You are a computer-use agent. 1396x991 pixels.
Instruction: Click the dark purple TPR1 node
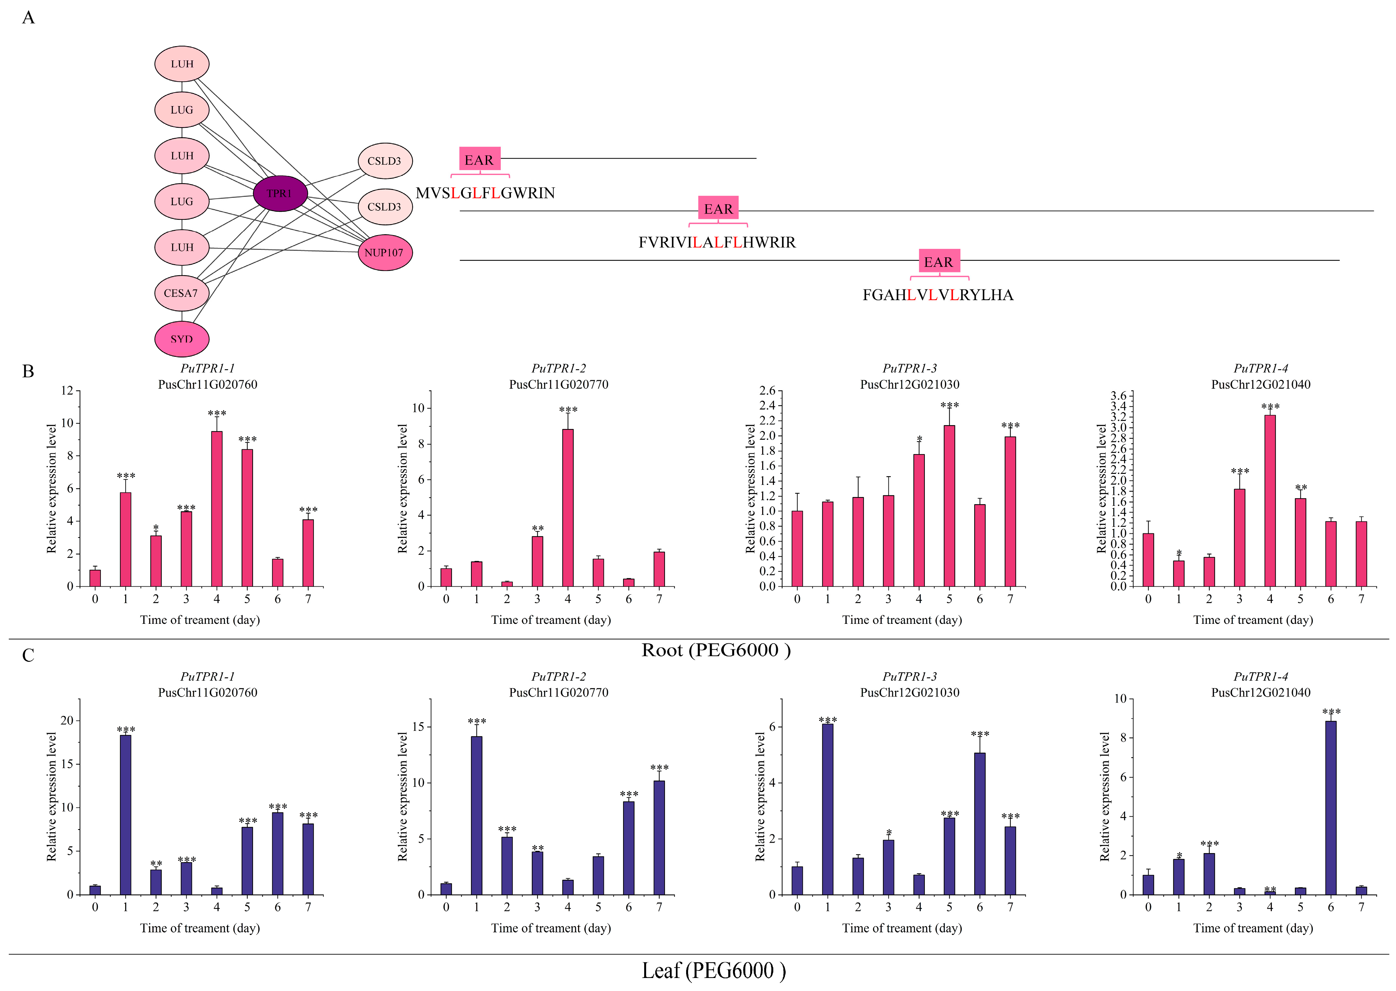pyautogui.click(x=280, y=194)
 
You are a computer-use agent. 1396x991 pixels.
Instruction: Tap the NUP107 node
pyautogui.click(x=384, y=253)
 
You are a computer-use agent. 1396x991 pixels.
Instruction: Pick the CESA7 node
pyautogui.click(x=181, y=293)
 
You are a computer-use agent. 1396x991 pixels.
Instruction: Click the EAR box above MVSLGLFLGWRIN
pyautogui.click(x=480, y=160)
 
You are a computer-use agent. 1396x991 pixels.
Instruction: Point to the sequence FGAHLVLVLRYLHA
pyautogui.click(x=938, y=295)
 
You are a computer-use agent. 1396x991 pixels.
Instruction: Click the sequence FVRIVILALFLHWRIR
pyautogui.click(x=717, y=243)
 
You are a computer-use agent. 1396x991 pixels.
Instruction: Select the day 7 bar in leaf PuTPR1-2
pyautogui.click(x=659, y=837)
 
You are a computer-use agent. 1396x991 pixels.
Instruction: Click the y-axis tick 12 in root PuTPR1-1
pyautogui.click(x=67, y=391)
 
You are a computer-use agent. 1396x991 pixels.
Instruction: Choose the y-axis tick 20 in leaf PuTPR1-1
pyautogui.click(x=67, y=721)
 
